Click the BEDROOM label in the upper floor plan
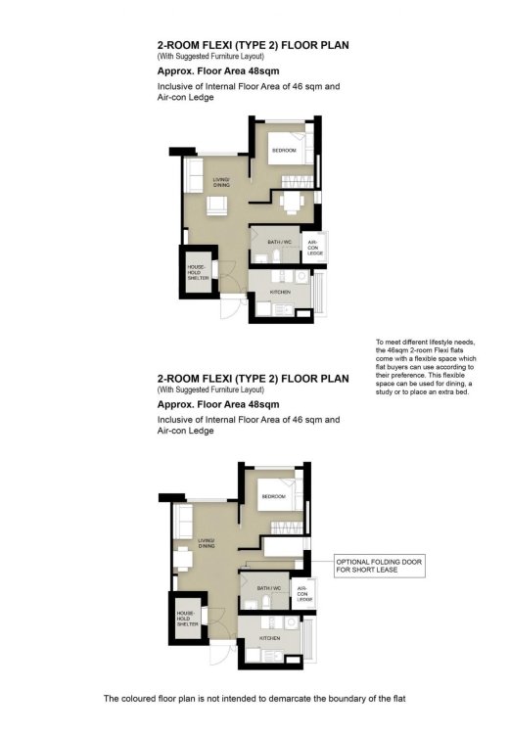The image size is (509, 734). (284, 151)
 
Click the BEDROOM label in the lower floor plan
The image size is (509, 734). (273, 497)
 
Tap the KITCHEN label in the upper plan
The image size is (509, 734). (279, 292)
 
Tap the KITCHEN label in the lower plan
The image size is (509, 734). (269, 638)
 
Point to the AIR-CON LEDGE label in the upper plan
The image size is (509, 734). (314, 247)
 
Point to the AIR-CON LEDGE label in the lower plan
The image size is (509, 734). (303, 593)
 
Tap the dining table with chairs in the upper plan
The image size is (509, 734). (292, 202)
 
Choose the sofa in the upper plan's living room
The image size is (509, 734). (193, 176)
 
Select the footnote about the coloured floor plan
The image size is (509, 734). (254, 699)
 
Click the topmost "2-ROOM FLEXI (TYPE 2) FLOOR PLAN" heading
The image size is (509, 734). (253, 44)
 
